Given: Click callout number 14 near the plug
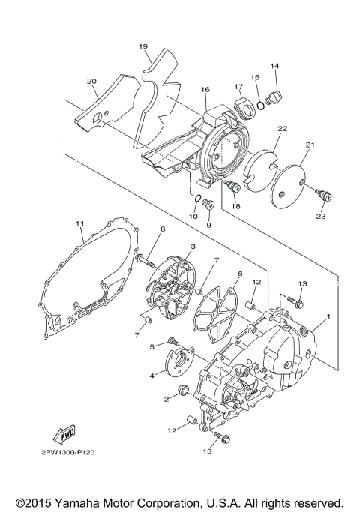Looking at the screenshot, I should coord(274,67).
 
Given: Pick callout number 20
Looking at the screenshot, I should coord(92,82).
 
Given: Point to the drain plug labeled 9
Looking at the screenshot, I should coord(209,205).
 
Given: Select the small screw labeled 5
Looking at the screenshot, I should coord(172,342).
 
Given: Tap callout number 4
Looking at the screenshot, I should coord(151,375).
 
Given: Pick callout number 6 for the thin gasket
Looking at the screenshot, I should coord(239,274).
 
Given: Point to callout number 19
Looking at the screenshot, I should coord(142,46).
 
